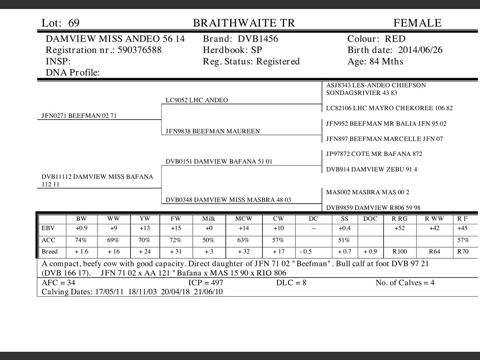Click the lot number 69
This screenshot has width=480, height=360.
(x=74, y=23)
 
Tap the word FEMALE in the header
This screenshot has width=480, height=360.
(x=417, y=23)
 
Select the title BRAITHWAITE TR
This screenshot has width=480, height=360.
(x=244, y=23)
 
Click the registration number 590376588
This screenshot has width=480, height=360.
(x=139, y=50)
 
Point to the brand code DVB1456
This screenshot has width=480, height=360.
(x=258, y=39)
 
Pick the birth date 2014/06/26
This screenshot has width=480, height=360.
(x=420, y=50)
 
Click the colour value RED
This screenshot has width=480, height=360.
(x=395, y=39)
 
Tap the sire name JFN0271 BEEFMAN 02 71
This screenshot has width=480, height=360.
(x=79, y=116)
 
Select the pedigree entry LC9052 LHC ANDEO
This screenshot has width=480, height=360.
(x=197, y=100)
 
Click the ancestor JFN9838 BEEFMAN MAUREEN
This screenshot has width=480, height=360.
(x=213, y=131)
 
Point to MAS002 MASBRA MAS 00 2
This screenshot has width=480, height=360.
(x=367, y=192)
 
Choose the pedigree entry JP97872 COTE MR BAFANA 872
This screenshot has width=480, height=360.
(x=374, y=154)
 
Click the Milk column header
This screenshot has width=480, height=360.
(x=209, y=219)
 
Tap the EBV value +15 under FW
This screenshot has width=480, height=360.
(x=176, y=228)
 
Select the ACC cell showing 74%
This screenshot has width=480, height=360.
(x=81, y=240)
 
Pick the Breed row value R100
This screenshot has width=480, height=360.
(x=399, y=252)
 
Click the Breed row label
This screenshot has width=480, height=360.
(x=49, y=252)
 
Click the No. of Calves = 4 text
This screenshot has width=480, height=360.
(x=405, y=283)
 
